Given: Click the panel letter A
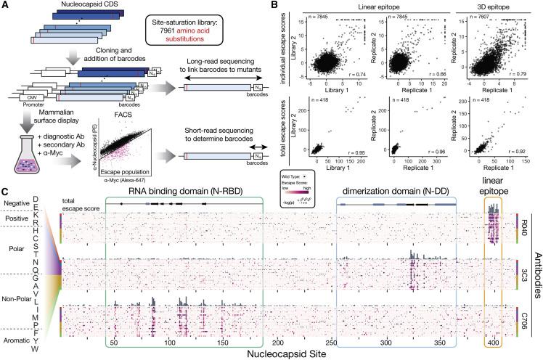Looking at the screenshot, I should click(x=5, y=6).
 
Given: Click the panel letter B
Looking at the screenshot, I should click(x=288, y=6).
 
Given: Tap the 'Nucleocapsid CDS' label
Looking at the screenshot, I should click(x=74, y=7).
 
